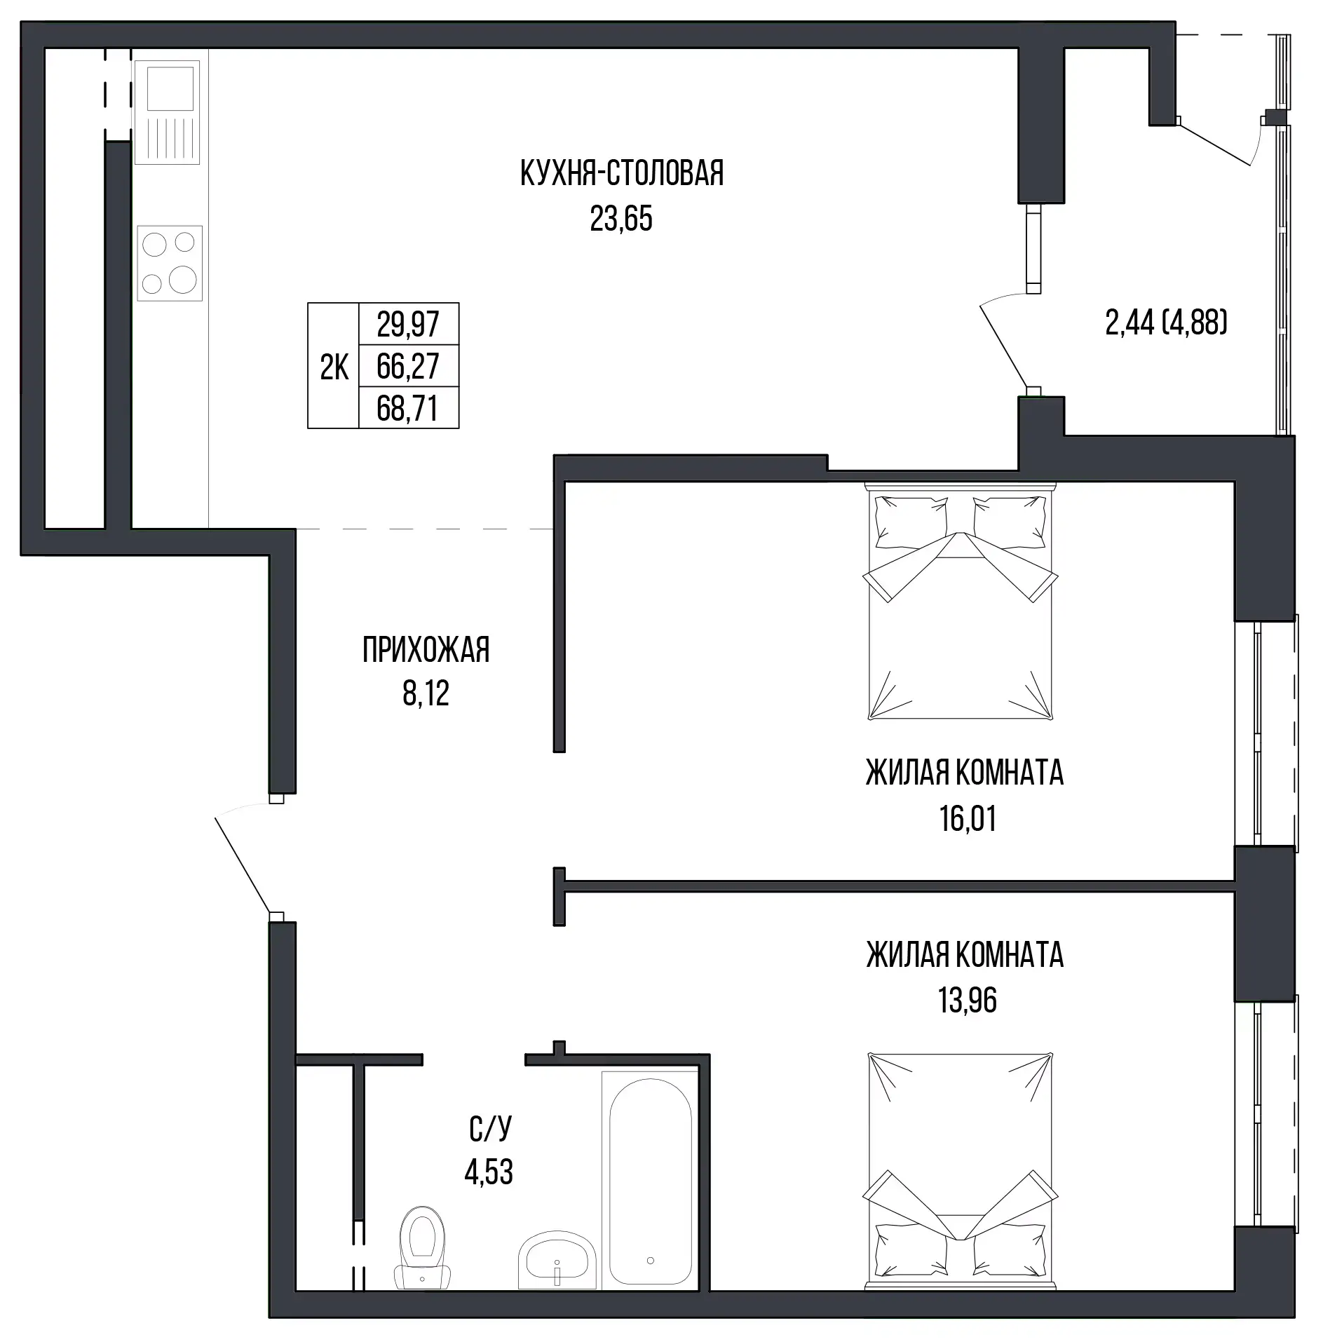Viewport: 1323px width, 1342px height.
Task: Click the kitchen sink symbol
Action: tap(167, 112)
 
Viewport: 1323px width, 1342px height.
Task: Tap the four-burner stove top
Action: tap(170, 264)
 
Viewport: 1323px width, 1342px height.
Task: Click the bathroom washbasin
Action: tap(557, 1259)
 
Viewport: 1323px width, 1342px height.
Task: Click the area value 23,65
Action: tap(621, 219)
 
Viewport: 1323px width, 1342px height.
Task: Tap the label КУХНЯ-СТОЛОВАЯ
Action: tap(622, 173)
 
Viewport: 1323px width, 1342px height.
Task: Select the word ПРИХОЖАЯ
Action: tap(426, 650)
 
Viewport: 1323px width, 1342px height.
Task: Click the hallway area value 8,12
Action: tap(426, 693)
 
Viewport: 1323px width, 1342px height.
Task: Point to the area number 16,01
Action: tap(968, 818)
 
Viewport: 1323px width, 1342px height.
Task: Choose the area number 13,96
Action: tap(968, 1001)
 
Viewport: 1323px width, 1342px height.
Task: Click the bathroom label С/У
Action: tap(490, 1128)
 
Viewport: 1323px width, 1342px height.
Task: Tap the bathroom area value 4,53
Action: tap(489, 1172)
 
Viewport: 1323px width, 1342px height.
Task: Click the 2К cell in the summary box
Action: tap(334, 366)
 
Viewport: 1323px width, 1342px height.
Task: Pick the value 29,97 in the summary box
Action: tap(408, 324)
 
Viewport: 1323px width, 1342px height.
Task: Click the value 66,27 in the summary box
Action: tap(408, 366)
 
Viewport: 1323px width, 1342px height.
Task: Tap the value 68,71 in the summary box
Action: tap(407, 408)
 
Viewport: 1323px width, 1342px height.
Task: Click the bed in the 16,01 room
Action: tap(961, 601)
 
